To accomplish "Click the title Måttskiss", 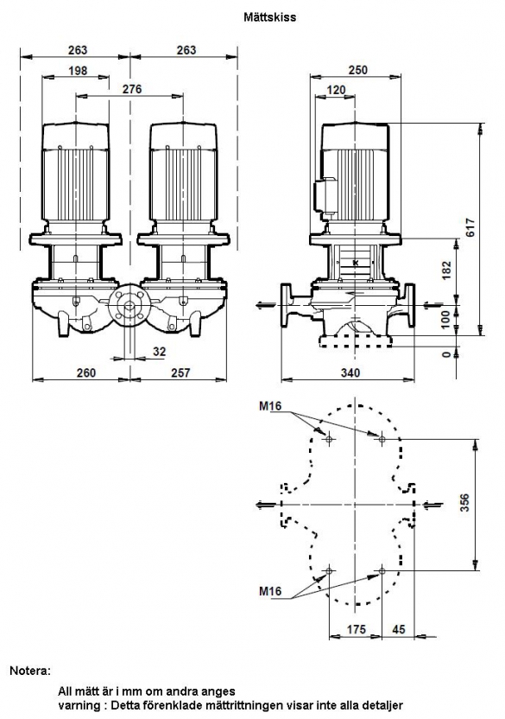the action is [x=270, y=17].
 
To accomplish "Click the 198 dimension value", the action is [x=78, y=71].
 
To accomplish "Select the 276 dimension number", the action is [x=132, y=89].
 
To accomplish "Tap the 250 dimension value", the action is [x=358, y=70].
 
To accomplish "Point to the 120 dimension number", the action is [x=336, y=90].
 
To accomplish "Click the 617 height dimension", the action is [x=470, y=227].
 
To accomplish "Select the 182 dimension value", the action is [x=447, y=270].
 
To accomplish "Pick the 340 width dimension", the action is [x=350, y=372].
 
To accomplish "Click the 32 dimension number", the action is [x=159, y=352].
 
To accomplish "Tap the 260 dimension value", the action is [x=86, y=372].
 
